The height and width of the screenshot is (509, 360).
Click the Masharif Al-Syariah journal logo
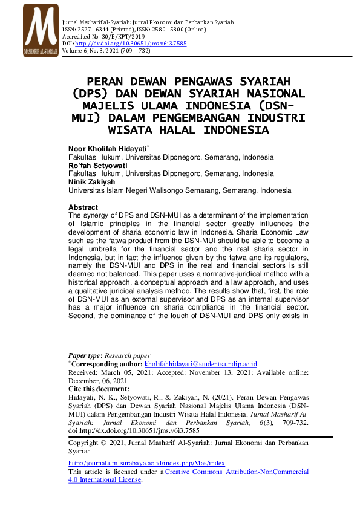pyautogui.click(x=41, y=31)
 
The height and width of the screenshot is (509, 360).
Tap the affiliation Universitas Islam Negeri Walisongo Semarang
pyautogui.click(x=145, y=190)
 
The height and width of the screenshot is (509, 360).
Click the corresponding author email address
pyautogui.click(x=201, y=365)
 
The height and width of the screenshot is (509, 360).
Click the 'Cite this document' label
pyautogui.click(x=100, y=390)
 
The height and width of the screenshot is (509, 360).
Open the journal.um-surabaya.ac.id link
pyautogui.click(x=146, y=463)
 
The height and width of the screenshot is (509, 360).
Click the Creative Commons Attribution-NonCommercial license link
pyautogui.click(x=236, y=471)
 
